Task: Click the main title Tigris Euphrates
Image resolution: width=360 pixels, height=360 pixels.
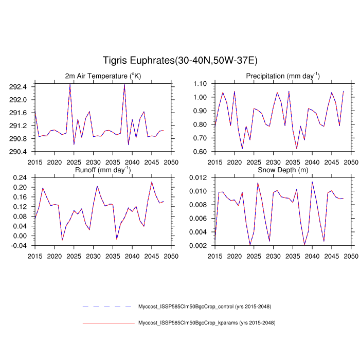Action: [x=179, y=61]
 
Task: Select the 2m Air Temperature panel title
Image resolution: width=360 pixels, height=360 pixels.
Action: [x=103, y=76]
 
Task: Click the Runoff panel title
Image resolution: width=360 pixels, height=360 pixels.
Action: [x=103, y=170]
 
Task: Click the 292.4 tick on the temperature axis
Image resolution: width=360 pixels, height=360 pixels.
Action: [x=21, y=86]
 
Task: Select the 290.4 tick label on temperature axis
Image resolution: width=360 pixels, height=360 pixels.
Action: [x=21, y=152]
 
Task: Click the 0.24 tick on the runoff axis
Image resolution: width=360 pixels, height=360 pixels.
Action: [x=21, y=177]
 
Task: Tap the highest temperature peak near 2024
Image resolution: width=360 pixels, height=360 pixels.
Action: [x=70, y=84]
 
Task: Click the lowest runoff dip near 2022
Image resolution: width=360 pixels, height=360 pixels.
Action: [x=62, y=240]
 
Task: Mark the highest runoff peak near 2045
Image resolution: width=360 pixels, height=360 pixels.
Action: [x=152, y=182]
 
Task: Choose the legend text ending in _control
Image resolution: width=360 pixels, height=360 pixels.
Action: [x=205, y=307]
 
